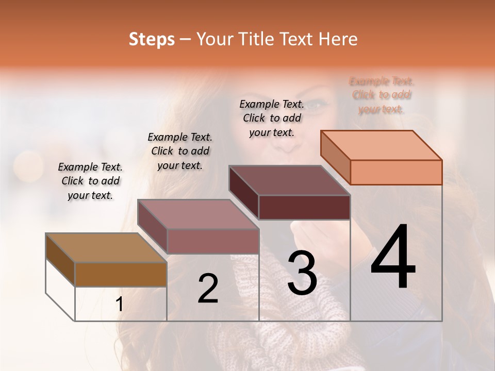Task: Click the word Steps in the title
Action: coord(152,39)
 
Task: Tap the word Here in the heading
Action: coord(338,39)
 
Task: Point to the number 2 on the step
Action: coord(208,289)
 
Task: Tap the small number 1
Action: coord(119,304)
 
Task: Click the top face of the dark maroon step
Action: coord(289,180)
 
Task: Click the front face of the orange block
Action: coord(396,172)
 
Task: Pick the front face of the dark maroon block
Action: coord(304,208)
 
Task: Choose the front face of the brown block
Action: coord(121,274)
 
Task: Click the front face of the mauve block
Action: coord(212,241)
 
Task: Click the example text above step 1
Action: coord(90,181)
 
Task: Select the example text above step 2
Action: coord(180,151)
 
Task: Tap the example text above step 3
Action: coord(272,118)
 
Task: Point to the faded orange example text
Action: coord(382,95)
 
